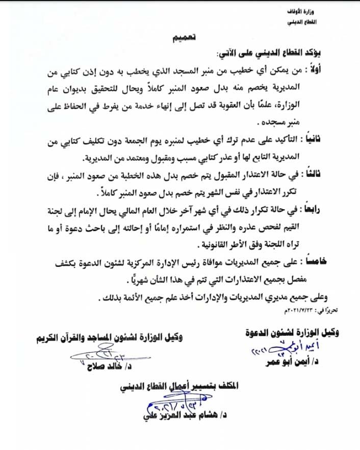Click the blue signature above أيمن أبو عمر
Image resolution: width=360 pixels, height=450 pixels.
[x=278, y=349]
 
